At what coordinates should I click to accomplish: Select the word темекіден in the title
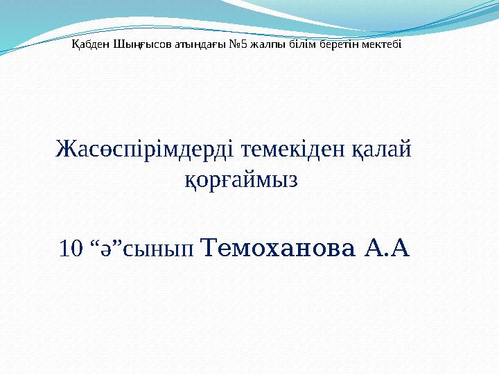click(284, 149)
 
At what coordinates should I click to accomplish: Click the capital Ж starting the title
click(65, 149)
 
